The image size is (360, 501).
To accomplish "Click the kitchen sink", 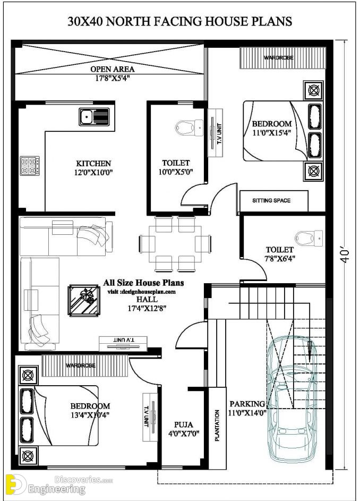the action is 94,117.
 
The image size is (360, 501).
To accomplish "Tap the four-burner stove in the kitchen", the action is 30,166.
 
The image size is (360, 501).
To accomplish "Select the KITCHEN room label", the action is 93,164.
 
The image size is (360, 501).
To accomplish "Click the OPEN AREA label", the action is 113,69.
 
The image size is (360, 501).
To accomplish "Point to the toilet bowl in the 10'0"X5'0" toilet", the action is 189,128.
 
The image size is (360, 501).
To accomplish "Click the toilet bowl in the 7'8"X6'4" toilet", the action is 308,239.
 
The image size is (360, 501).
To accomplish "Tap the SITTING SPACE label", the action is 271,201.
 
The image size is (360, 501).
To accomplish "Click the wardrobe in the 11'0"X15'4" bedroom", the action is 282,58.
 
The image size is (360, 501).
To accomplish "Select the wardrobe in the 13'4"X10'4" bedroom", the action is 85,365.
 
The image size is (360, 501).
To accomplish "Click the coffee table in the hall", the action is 84,300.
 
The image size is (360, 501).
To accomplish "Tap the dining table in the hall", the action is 175,244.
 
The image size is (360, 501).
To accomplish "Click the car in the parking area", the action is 292,400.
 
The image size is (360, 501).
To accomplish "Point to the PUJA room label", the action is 184,424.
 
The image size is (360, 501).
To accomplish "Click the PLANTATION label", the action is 217,426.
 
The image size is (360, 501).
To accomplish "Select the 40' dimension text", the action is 345,256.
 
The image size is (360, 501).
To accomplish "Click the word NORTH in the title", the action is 128,21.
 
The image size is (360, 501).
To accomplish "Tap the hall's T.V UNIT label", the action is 123,339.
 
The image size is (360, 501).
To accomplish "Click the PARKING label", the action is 247,404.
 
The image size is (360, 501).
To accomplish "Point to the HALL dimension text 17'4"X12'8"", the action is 147,309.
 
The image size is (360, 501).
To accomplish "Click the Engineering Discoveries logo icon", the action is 16,485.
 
